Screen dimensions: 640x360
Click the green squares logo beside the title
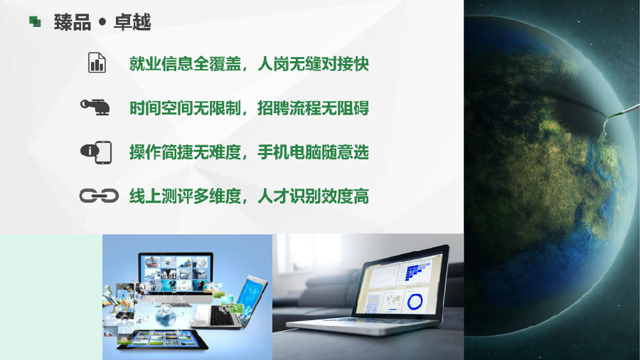click(x=35, y=21)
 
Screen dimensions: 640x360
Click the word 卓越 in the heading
click(x=132, y=22)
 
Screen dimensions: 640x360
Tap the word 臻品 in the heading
click(x=73, y=22)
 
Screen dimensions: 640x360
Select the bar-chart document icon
click(x=97, y=63)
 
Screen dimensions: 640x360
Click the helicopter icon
click(x=95, y=107)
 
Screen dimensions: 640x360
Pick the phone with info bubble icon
click(x=96, y=152)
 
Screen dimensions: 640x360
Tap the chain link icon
click(x=99, y=196)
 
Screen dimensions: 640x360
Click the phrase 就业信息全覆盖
click(x=186, y=64)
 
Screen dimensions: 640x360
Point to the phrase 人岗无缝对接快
click(x=313, y=64)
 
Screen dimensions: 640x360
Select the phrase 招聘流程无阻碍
click(x=313, y=108)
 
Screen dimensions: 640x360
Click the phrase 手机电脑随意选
click(x=313, y=152)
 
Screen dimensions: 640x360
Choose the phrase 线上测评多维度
click(x=186, y=196)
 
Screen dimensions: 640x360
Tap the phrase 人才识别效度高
click(x=313, y=196)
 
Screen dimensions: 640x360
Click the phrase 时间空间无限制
click(x=186, y=108)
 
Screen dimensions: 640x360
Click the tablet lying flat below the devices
click(x=162, y=340)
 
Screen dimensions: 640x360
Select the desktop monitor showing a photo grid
click(x=176, y=273)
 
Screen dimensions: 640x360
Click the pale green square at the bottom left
click(x=51, y=297)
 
